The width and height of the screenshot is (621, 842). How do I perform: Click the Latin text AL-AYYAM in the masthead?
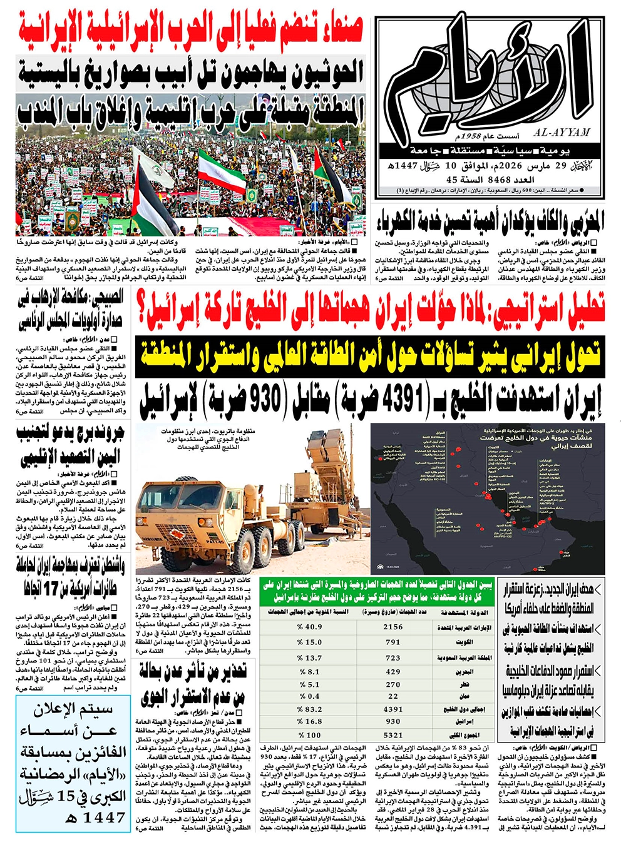[562, 133]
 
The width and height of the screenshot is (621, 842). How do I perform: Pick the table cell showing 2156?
[393, 627]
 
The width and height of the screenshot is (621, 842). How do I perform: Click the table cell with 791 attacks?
[393, 642]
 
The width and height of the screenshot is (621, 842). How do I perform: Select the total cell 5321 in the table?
[393, 736]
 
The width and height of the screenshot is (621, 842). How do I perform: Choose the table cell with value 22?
[393, 696]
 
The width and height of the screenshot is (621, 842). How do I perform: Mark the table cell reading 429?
[393, 672]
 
